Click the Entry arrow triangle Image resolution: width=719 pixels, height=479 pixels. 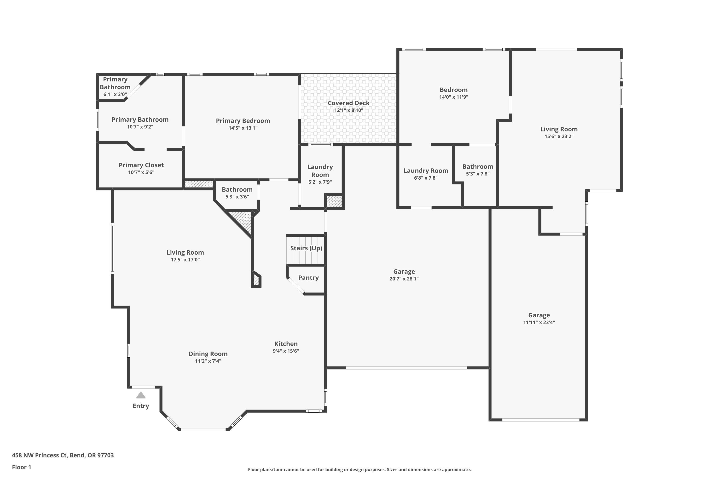point(141,395)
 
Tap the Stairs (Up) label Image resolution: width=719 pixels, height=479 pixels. point(306,248)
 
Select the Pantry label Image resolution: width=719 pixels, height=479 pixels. point(308,278)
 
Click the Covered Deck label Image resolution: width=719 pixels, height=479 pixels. point(348,103)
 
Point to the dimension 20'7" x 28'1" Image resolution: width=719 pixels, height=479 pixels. point(404,279)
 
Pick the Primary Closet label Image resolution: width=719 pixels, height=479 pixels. point(141,165)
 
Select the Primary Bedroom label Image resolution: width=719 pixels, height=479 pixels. point(243,121)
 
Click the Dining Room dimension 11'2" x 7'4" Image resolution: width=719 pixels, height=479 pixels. point(208,361)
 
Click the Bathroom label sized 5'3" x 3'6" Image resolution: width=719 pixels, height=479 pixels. point(237,189)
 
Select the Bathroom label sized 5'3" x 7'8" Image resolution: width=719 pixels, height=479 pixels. point(477,166)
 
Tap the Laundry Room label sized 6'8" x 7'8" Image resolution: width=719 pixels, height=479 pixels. point(426,171)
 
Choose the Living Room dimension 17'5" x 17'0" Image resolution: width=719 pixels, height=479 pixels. point(185,260)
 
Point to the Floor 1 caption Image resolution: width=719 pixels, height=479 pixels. point(21,467)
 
